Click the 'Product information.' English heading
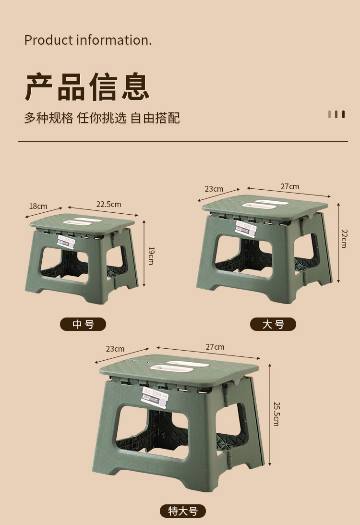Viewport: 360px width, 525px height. click(88, 40)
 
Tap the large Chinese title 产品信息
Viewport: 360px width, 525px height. click(87, 86)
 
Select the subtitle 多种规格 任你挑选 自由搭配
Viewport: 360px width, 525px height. click(102, 118)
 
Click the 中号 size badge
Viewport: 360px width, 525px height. click(83, 325)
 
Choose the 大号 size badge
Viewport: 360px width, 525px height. click(273, 325)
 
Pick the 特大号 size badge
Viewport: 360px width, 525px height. click(183, 511)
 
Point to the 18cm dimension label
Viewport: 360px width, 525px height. click(38, 206)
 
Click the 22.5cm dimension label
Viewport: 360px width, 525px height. click(108, 204)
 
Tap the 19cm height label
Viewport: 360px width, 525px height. click(151, 256)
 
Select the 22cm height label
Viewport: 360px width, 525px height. click(344, 238)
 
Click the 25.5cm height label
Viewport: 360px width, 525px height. click(276, 414)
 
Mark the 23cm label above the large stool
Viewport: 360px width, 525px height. click(214, 189)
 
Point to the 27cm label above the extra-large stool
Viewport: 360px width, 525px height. click(215, 347)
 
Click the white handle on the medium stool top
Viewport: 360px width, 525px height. click(84, 221)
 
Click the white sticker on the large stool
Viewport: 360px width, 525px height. click(245, 227)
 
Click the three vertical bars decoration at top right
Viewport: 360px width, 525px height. click(336, 114)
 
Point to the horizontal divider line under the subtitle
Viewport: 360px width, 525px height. click(183, 142)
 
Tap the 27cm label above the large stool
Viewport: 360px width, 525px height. click(290, 186)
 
